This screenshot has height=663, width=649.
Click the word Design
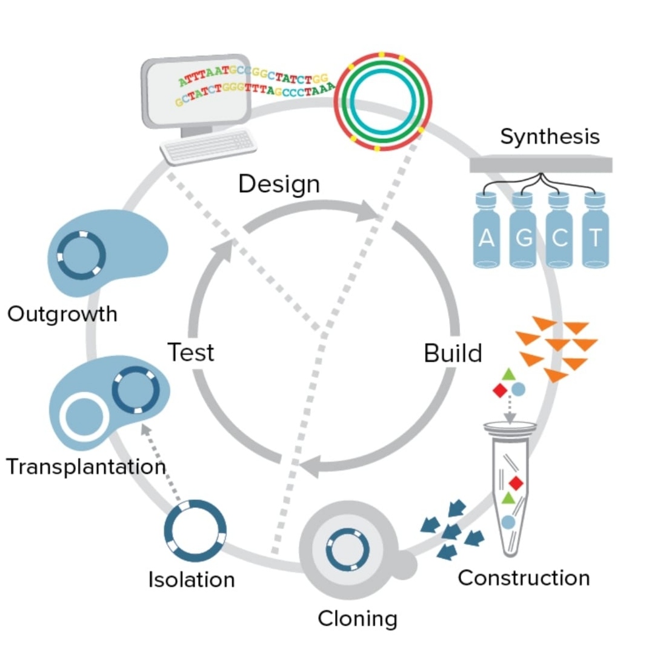[279, 184]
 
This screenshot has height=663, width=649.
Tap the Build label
[453, 353]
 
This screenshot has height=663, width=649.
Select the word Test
[190, 351]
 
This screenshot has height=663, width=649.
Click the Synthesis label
[550, 137]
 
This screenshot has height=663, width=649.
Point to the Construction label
[524, 578]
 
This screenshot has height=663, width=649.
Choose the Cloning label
[358, 619]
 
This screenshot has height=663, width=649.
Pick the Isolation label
[191, 579]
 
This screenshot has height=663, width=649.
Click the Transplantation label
[85, 467]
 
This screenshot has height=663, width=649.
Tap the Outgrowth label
[62, 314]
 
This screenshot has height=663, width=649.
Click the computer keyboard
[208, 146]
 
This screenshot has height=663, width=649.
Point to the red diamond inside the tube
[516, 483]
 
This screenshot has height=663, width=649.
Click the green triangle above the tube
[508, 375]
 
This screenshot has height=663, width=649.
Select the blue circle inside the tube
[508, 521]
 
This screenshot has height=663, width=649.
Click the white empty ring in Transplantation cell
[84, 418]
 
